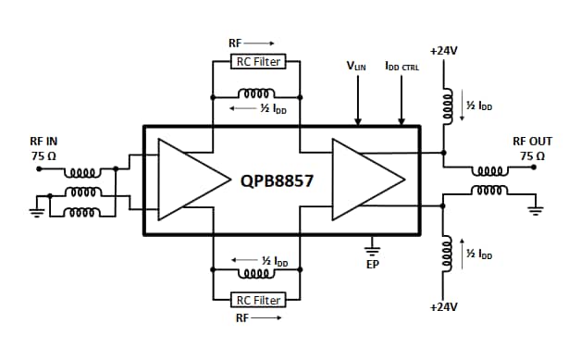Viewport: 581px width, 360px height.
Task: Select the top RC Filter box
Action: pos(258,62)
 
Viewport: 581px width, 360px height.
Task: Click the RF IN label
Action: pos(43,142)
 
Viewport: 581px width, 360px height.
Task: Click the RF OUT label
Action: pos(532,142)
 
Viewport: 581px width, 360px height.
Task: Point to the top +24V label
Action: pos(445,50)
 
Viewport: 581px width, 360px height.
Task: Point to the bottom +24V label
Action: pos(445,305)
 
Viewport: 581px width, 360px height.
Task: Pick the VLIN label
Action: pos(355,67)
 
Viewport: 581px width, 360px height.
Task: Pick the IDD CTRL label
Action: pos(402,67)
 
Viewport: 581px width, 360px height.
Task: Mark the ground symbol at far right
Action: pos(534,208)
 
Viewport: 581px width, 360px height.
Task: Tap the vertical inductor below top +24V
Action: pos(445,106)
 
